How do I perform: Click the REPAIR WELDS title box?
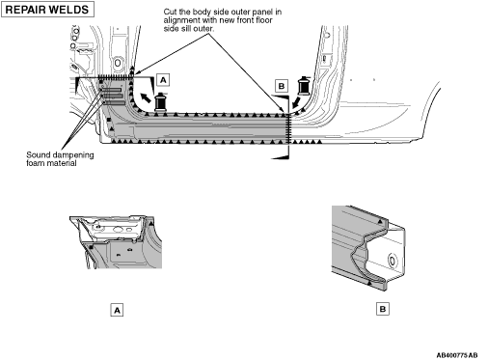47,10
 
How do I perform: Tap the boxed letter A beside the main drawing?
163,80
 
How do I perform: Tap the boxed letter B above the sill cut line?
282,86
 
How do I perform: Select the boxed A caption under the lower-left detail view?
117,310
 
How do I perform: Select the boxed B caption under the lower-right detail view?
383,309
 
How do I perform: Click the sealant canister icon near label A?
160,101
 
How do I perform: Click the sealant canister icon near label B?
304,85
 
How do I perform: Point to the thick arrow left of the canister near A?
146,97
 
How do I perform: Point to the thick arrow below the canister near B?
296,103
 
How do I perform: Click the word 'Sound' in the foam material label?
37,155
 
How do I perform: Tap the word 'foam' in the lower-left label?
35,163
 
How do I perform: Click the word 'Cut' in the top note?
170,12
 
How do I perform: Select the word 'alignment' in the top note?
179,20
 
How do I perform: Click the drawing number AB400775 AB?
457,355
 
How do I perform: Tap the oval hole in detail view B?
393,260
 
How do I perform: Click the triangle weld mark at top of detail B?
381,221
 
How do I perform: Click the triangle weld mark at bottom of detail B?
369,284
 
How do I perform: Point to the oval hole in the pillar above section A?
118,63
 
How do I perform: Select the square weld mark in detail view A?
92,247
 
